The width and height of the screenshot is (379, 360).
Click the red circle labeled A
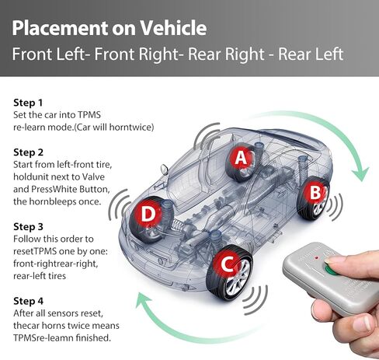pyautogui.click(x=242, y=158)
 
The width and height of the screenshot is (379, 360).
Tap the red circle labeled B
pyautogui.click(x=316, y=190)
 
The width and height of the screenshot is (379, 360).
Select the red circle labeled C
pyautogui.click(x=227, y=264)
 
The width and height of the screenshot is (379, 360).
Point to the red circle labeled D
pyautogui.click(x=148, y=213)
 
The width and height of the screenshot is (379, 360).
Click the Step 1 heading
pyautogui.click(x=29, y=103)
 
